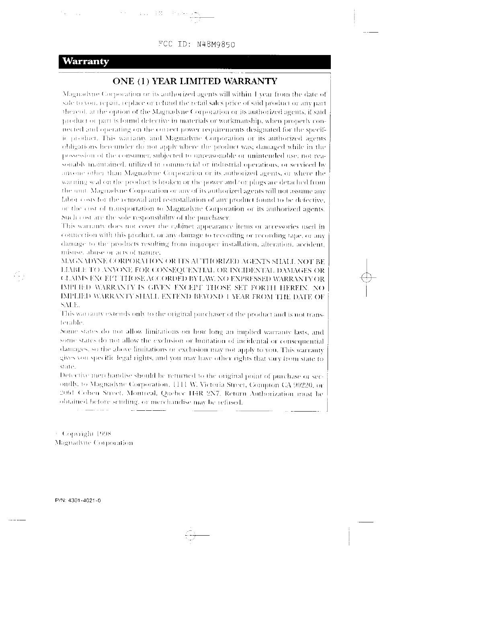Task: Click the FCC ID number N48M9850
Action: (x=215, y=45)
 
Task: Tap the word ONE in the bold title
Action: (x=123, y=82)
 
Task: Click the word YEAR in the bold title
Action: (x=165, y=82)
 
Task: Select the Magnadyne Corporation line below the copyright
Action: (x=93, y=443)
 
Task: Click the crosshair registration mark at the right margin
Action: (x=366, y=277)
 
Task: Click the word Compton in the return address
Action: (x=272, y=385)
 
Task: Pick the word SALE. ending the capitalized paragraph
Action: (x=66, y=306)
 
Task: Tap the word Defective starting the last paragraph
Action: (x=71, y=376)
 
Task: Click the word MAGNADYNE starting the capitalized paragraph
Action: (x=80, y=261)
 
